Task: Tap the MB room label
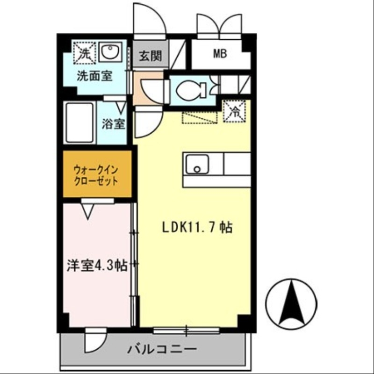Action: click(220, 54)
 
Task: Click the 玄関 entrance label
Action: click(150, 57)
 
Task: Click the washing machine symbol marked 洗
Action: click(85, 53)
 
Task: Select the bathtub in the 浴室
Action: click(80, 122)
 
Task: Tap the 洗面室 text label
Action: click(94, 76)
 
